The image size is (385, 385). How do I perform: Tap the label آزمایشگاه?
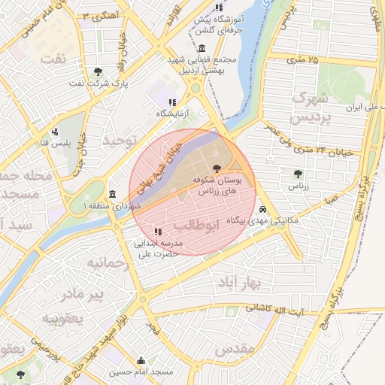point(172,114)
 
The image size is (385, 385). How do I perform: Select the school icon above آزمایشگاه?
point(172,102)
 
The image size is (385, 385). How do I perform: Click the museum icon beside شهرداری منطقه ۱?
point(112,194)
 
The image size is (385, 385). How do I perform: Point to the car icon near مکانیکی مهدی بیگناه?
point(262,209)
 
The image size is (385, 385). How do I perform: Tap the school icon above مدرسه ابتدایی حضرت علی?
point(156,232)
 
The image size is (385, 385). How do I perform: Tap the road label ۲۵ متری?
point(303,59)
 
